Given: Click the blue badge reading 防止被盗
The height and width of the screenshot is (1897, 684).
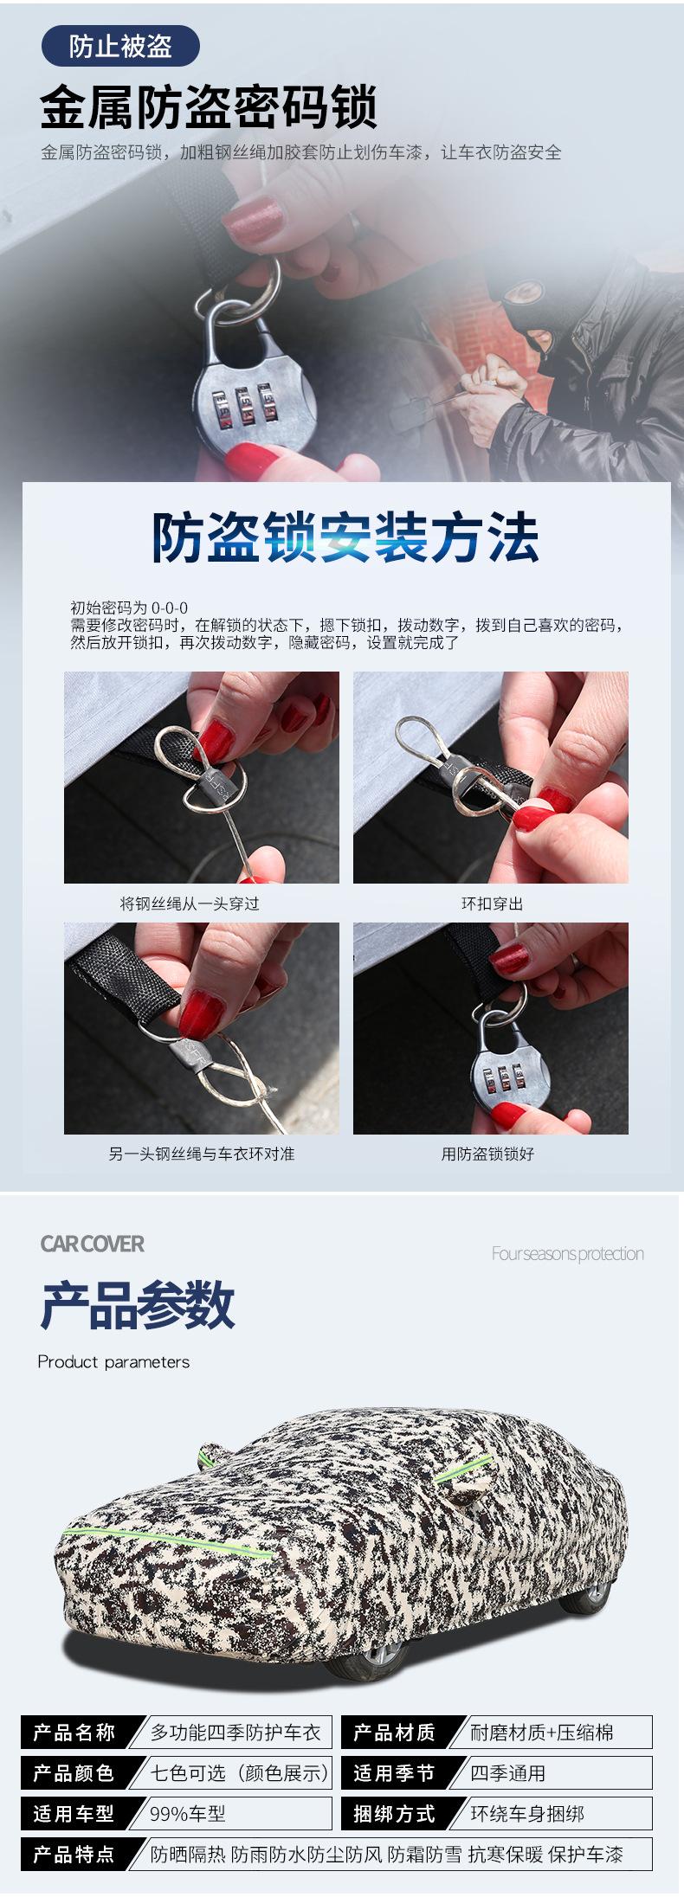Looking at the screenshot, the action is (120, 47).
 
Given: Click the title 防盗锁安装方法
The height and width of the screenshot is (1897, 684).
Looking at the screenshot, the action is (346, 538).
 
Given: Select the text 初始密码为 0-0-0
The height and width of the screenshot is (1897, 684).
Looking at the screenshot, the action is (129, 608).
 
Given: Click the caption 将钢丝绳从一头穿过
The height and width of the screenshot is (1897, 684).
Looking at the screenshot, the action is (190, 903).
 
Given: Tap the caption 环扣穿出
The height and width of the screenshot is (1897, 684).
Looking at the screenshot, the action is (492, 903).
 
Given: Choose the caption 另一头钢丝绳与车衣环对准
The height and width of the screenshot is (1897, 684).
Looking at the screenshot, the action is (201, 1154).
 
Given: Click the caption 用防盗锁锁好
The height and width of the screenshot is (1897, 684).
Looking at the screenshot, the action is (487, 1154).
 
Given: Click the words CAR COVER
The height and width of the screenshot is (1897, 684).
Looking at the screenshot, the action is (93, 1244).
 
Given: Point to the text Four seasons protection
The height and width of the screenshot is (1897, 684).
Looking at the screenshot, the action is (567, 1253).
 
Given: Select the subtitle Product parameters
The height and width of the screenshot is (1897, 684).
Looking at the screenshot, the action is (113, 1361).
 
